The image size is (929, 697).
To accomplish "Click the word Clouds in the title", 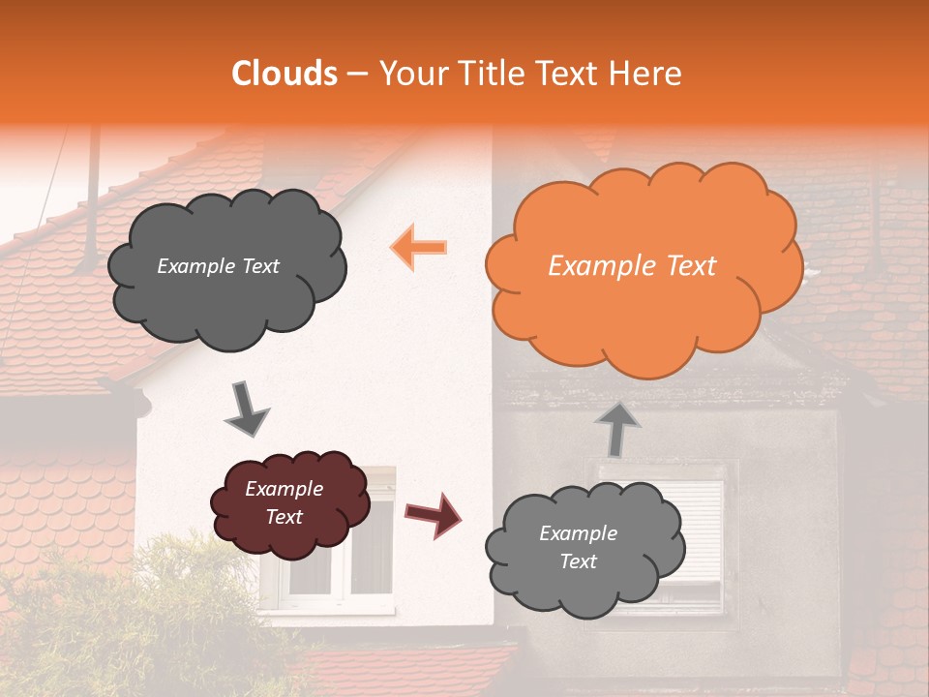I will pos(285,74).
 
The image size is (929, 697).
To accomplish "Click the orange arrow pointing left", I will pos(419,246).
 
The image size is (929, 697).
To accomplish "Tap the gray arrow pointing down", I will pos(247,409).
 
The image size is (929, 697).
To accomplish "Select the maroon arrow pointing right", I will pos(433,515).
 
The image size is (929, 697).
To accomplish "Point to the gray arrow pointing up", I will pos(616,428).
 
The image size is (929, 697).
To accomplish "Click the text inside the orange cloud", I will pos(632,266).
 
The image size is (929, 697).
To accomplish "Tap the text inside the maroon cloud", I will pos(284,503).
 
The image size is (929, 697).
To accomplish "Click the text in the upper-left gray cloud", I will pos(218,266).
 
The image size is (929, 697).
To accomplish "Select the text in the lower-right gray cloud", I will pos(578,547).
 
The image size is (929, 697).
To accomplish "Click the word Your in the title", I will pos(412,74).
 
